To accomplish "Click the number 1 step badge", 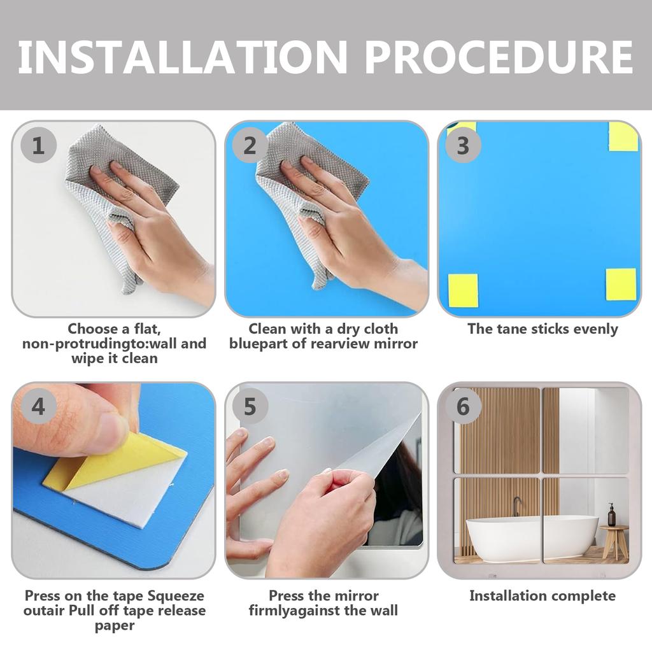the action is pos(38,145).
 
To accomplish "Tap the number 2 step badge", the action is pos(250,145).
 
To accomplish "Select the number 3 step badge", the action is pos(463,145).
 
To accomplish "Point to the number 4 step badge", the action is pos(38,406).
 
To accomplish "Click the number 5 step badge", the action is pos(250,406).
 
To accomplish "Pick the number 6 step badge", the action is pos(463,406).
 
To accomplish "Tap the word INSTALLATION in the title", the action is pos(183,57).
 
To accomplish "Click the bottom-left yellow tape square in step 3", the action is pos(463,290).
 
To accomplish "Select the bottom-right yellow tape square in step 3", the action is pos(621,285).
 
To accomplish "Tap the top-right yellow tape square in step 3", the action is pos(623,137).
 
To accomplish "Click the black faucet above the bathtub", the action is pos(516,506).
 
